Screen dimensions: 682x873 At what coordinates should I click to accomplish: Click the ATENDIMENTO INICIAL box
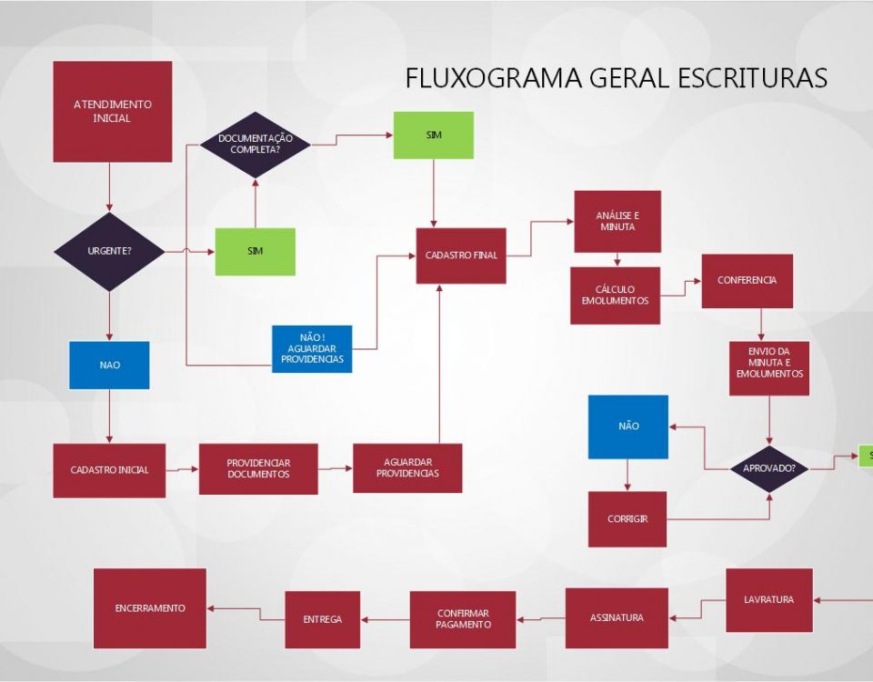click(112, 111)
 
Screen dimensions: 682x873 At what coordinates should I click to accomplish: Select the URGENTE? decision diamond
click(109, 251)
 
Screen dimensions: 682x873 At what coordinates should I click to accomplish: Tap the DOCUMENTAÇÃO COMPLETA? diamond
click(256, 144)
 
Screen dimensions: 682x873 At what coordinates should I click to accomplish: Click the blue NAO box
click(109, 365)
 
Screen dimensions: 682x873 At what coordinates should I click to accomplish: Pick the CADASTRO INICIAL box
click(109, 470)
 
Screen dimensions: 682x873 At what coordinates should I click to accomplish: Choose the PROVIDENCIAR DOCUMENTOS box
click(258, 469)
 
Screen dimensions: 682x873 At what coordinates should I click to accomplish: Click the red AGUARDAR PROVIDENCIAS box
click(407, 468)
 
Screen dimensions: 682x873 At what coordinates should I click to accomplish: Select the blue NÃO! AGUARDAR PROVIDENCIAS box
click(312, 348)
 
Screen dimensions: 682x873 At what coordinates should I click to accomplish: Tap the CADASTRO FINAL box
click(461, 256)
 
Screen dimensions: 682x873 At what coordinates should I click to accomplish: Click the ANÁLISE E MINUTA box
click(617, 221)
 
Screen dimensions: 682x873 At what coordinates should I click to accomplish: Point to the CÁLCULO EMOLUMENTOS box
click(615, 296)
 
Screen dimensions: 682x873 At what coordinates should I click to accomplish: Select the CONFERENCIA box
click(747, 281)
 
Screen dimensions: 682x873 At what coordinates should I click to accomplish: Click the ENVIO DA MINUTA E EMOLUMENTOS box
click(769, 368)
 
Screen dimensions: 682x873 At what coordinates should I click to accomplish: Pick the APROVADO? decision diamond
click(770, 468)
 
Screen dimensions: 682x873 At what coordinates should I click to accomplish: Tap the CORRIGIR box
click(627, 519)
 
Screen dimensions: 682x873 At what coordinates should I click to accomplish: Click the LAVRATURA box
click(768, 600)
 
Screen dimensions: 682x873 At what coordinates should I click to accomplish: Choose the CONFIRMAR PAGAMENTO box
click(463, 619)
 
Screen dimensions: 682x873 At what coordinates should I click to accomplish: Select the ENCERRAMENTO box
click(150, 608)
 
